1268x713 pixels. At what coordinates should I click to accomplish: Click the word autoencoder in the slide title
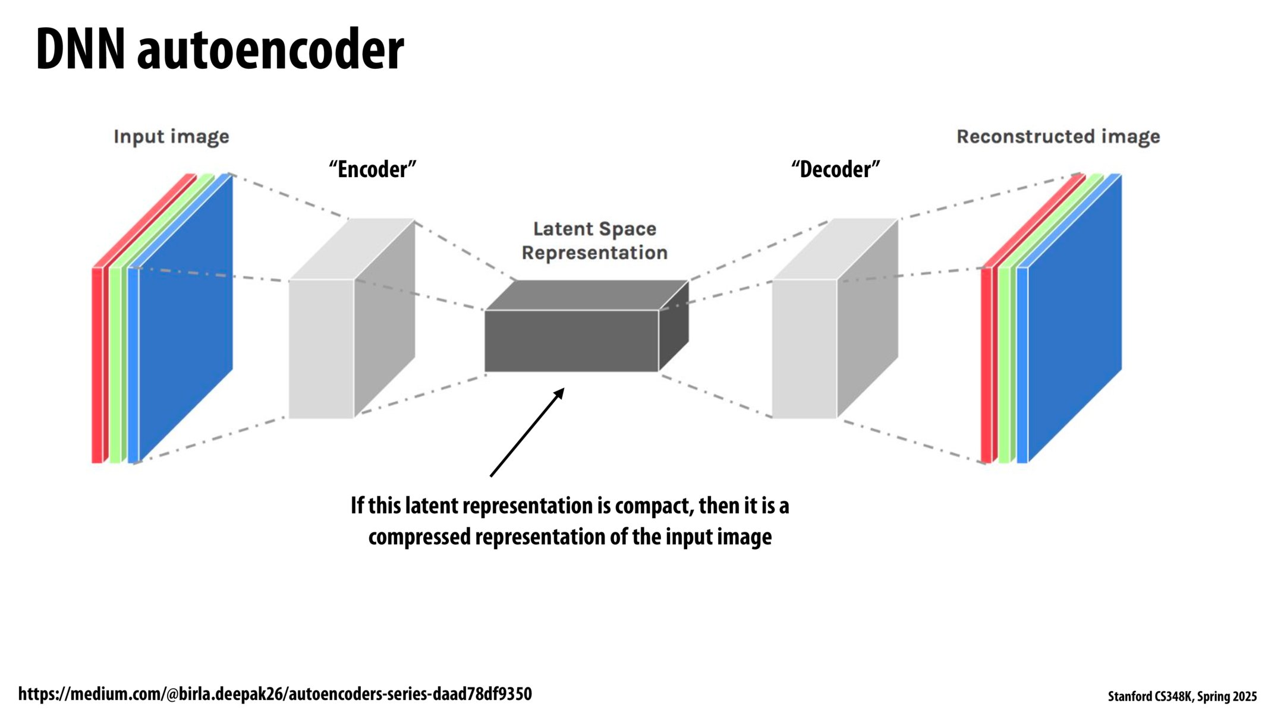[270, 51]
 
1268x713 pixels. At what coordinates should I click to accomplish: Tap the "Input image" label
[171, 137]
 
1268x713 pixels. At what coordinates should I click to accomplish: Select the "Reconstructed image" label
[1058, 137]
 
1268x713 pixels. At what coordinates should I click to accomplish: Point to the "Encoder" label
[373, 169]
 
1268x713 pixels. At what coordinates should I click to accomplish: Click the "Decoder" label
[835, 169]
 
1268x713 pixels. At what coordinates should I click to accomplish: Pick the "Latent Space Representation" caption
[594, 241]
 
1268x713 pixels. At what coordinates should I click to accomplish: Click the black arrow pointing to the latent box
[526, 433]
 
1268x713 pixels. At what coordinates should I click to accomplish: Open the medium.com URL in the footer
[275, 693]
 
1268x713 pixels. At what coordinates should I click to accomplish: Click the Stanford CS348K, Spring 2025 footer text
[1182, 696]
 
